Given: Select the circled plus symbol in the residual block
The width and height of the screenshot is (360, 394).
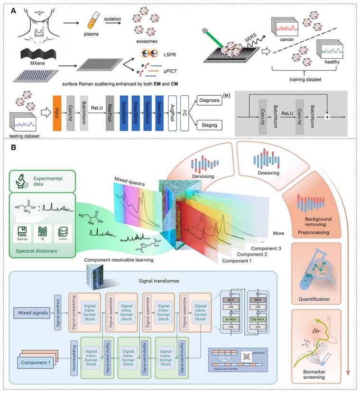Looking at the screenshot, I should [x=326, y=115].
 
